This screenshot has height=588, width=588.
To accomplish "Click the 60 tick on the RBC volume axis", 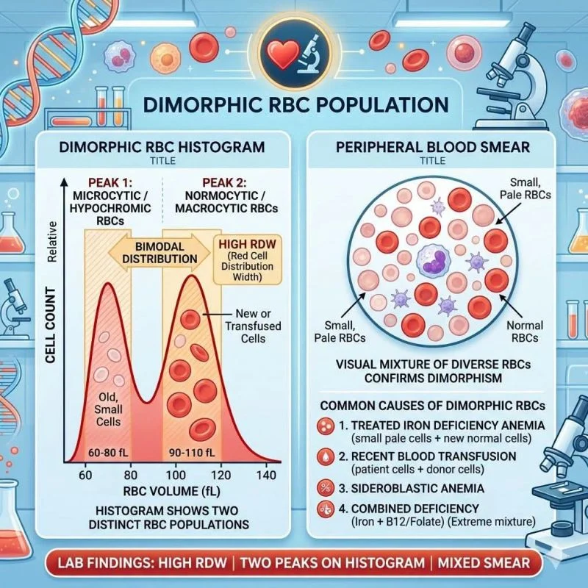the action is click(85, 475).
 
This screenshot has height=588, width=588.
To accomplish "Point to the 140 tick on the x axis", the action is click(266, 475).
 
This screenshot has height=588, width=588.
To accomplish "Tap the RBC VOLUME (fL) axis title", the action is click(171, 491).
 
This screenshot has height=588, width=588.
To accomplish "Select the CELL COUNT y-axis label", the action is click(50, 325).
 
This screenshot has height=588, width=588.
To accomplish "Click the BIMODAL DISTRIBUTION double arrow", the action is click(159, 253).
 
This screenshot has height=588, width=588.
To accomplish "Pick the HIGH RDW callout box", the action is click(247, 260).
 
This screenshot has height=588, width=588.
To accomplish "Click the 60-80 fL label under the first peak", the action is click(108, 453).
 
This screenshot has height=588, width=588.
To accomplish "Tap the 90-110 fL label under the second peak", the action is click(192, 453).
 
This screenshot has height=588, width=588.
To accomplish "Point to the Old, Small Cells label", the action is click(108, 409).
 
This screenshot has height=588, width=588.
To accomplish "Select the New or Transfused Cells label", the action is click(253, 326).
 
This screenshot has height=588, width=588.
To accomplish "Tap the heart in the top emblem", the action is click(282, 54).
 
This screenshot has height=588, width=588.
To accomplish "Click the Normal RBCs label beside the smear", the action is click(525, 331).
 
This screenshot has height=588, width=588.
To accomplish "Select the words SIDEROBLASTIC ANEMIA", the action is click(417, 488).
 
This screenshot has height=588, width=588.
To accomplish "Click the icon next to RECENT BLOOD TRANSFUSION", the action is click(326, 457).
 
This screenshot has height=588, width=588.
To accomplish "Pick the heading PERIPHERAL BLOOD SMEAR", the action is click(433, 147).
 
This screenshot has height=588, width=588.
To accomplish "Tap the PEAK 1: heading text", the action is click(110, 182).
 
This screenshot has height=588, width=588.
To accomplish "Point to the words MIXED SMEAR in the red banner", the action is click(484, 563).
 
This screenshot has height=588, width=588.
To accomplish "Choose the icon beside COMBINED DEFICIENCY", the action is click(326, 509).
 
